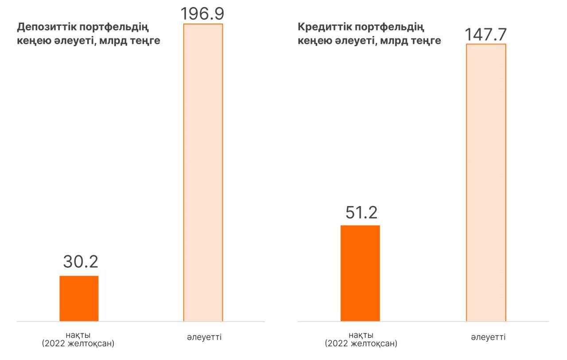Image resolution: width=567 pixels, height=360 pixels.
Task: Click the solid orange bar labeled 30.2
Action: (x=79, y=298)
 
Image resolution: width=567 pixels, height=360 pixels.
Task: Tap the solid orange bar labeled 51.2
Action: (x=360, y=273)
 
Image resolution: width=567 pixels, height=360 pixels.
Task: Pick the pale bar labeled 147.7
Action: (x=486, y=182)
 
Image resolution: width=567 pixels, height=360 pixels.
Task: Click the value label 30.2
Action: (x=80, y=262)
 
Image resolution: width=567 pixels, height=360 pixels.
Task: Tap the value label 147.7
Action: (x=486, y=34)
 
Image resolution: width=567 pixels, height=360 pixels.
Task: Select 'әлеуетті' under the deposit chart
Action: (x=204, y=337)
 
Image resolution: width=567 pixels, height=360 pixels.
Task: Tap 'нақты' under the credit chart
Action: (x=361, y=334)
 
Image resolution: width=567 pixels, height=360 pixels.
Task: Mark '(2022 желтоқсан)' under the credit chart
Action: (x=361, y=343)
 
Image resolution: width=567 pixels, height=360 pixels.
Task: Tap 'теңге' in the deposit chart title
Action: (x=145, y=41)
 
